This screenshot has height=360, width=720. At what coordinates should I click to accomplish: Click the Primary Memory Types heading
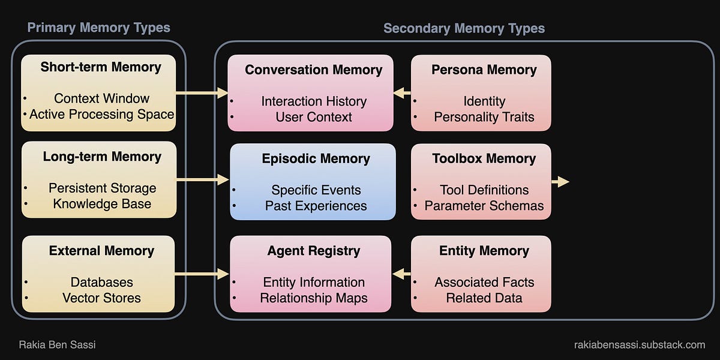point(99,28)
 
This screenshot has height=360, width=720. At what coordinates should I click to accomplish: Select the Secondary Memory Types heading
point(464,28)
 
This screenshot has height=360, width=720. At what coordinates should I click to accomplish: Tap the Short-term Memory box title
point(101,67)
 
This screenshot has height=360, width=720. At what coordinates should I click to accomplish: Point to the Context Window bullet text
point(101,98)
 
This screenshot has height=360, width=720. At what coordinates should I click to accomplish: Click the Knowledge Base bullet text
point(102,204)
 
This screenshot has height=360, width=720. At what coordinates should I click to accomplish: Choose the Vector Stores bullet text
point(101,298)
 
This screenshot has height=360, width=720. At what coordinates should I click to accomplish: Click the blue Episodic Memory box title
point(316,159)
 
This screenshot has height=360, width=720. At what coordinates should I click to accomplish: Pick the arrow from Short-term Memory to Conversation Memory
point(202,93)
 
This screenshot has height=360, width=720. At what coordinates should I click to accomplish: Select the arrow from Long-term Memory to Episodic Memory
point(202,179)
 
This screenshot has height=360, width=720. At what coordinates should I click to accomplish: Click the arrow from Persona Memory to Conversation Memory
point(402,93)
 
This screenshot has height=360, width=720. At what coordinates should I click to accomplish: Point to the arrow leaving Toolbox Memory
point(560,181)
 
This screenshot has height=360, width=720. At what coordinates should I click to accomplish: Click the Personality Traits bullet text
point(484,117)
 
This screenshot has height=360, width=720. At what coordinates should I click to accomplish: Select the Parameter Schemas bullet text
point(484,206)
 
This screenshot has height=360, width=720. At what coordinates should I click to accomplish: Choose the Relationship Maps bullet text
point(314,298)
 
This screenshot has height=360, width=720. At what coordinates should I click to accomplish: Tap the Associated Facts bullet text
point(484,282)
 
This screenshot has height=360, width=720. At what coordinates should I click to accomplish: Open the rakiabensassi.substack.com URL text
point(639,345)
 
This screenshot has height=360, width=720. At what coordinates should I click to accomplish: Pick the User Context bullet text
point(314,117)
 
